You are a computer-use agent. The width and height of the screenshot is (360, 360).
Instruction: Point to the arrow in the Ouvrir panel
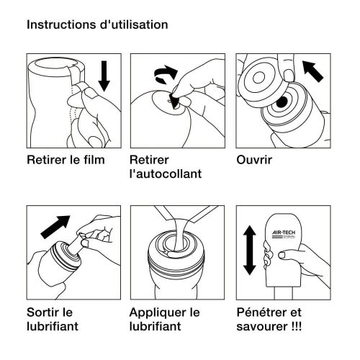[315, 71]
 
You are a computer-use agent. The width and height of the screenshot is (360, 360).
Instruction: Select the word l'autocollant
[166, 174]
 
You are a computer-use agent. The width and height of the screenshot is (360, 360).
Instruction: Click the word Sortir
[44, 313]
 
